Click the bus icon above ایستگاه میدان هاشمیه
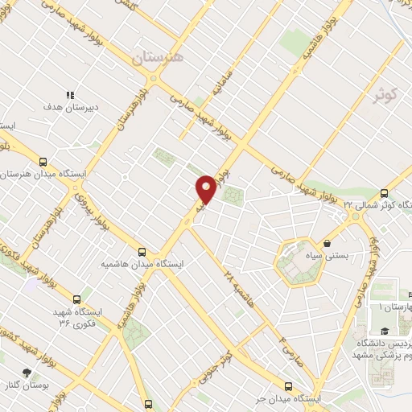click(142, 251)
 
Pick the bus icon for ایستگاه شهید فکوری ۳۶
click(77, 299)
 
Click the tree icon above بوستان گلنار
click(28, 373)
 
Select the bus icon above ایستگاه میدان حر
click(289, 385)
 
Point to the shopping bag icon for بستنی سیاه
click(328, 242)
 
